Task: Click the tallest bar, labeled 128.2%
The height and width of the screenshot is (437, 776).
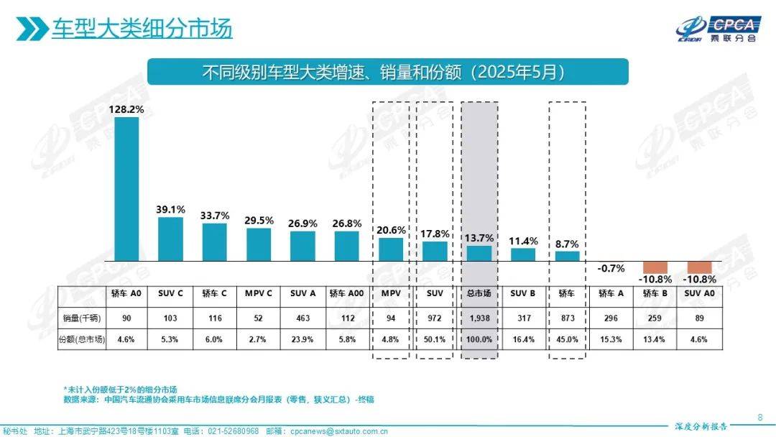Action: pyautogui.click(x=126, y=188)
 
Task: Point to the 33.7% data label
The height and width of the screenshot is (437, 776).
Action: pyautogui.click(x=215, y=214)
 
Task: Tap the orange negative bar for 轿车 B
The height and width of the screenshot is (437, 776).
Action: pyautogui.click(x=655, y=267)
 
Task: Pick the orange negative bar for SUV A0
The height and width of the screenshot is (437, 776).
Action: pyautogui.click(x=699, y=267)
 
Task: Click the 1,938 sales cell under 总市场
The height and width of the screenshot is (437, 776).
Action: pyautogui.click(x=479, y=318)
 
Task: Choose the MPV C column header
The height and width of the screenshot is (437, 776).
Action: pyautogui.click(x=259, y=293)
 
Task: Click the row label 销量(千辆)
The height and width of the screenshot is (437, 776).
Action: pyautogui.click(x=81, y=318)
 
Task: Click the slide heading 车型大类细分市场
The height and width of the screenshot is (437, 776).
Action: pyautogui.click(x=142, y=29)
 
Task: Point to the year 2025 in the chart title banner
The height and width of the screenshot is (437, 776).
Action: pyautogui.click(x=495, y=73)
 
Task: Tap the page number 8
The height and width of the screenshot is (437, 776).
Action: pyautogui.click(x=760, y=417)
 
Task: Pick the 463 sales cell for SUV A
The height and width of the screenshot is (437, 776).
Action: pyautogui.click(x=302, y=318)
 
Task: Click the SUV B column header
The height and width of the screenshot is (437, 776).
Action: pyautogui.click(x=522, y=293)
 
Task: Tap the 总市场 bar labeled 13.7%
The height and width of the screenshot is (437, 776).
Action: pyautogui.click(x=479, y=253)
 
